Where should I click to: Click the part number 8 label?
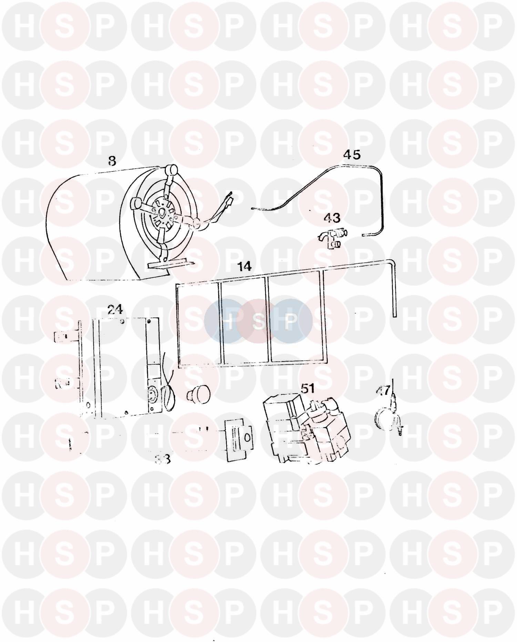tap(112, 161)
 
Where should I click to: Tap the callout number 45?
tap(352, 155)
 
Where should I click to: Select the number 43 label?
tap(332, 218)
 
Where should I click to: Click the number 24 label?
tap(115, 309)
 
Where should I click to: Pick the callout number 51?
tap(308, 388)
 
